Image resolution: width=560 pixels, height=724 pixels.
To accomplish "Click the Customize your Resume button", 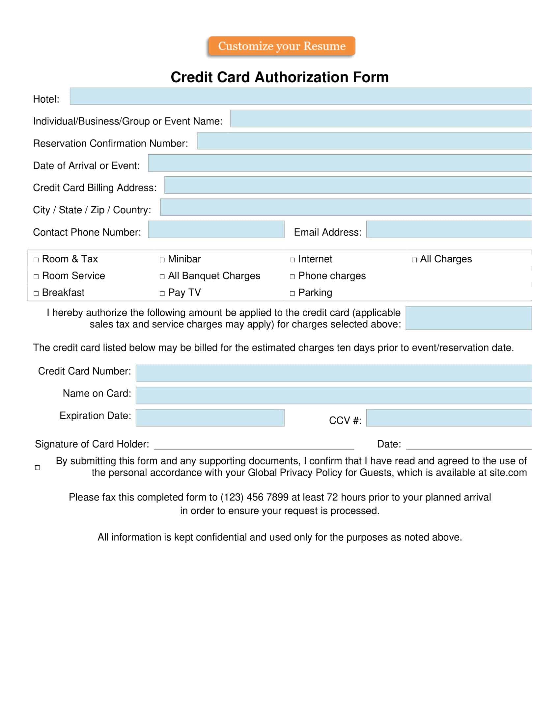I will tap(282, 46).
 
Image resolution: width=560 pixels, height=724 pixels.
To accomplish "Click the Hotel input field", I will tap(300, 96).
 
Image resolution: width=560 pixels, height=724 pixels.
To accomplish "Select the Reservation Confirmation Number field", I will tap(365, 141).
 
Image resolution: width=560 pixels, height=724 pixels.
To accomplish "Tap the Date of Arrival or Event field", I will tap(340, 163).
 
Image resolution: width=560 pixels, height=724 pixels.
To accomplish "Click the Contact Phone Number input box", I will tap(216, 229).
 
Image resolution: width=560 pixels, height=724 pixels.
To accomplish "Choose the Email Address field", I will tap(449, 229).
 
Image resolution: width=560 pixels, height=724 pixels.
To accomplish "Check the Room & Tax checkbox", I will tap(36, 260).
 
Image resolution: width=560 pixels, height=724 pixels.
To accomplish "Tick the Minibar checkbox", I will tap(162, 260).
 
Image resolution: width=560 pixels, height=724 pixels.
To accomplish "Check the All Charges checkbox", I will tap(414, 260).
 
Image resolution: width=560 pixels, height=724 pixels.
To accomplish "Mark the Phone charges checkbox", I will tap(292, 277).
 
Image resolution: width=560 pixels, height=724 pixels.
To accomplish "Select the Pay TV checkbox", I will tap(162, 293).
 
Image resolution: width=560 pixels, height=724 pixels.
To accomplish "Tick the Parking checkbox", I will tap(292, 293).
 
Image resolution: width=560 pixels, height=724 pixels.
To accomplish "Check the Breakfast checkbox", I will tap(36, 293).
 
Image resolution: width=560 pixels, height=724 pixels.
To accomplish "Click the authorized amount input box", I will tap(468, 318).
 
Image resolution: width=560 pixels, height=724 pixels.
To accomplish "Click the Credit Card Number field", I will tap(334, 373).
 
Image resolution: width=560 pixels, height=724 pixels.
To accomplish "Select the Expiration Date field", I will tap(210, 418).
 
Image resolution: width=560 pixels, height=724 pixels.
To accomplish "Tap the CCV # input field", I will tap(449, 418).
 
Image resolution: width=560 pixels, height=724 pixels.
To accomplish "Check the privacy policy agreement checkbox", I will tap(38, 467).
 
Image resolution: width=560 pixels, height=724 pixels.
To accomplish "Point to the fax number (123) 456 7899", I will tap(254, 497).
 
